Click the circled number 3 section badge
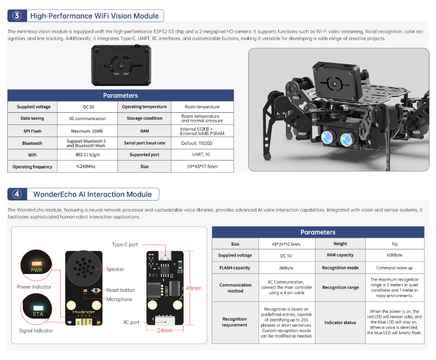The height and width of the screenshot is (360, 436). coord(17,16)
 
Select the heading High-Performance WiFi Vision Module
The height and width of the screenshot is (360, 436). coord(94,16)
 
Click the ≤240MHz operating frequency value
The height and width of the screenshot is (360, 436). coord(86,166)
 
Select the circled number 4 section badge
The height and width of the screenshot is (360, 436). coord(17,194)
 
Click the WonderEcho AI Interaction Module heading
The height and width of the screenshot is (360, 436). coord(92,194)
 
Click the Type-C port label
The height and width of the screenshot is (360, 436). coord(125,245)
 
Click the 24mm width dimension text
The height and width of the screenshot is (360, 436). coord(165,331)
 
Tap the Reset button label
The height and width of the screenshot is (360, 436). coord(120,290)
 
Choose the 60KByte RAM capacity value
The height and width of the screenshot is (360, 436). coord(394,255)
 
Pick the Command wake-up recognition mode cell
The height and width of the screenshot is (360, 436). coord(394,267)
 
